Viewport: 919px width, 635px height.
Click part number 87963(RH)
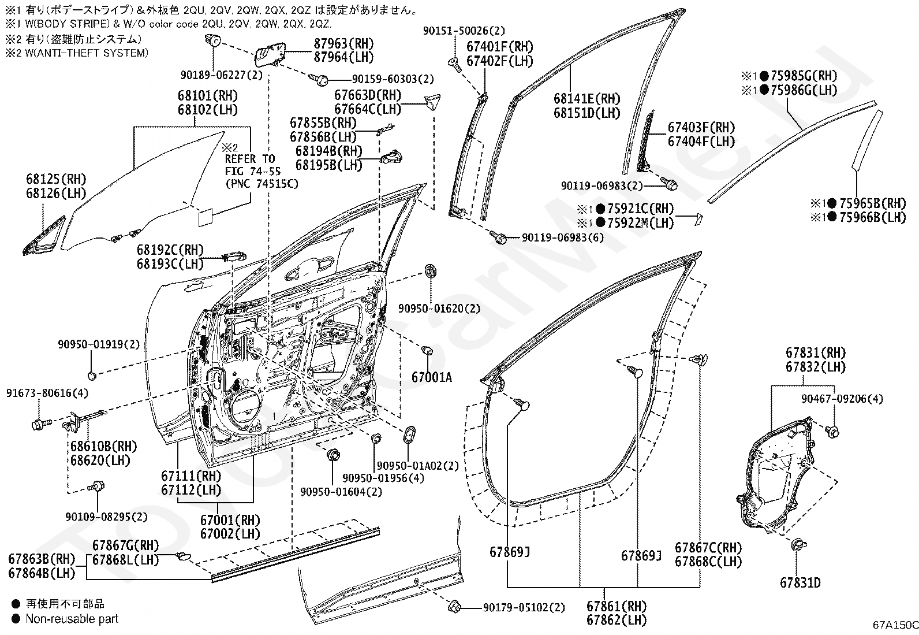(344, 43)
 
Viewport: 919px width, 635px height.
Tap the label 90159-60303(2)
(393, 79)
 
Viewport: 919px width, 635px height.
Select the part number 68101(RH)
(208, 96)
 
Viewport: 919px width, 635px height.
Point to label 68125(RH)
(56, 179)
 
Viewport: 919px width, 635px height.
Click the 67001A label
(432, 377)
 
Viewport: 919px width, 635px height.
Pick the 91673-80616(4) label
(47, 393)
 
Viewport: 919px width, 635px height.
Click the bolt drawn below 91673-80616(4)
(42, 424)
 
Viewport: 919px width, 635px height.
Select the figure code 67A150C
(895, 625)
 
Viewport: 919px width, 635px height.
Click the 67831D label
(800, 582)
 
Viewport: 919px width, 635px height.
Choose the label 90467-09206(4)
(842, 399)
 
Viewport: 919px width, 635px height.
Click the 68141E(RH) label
(587, 99)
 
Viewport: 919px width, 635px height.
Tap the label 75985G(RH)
(804, 76)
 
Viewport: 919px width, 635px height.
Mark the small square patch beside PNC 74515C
(206, 218)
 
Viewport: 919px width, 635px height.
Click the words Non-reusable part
(72, 619)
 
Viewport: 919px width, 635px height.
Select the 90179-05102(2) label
(524, 607)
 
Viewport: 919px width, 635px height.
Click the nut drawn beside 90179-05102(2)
(454, 606)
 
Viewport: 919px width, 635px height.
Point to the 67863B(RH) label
(42, 559)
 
